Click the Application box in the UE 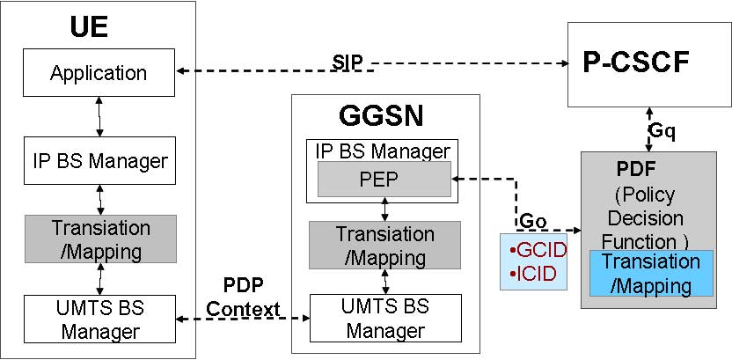tap(99, 73)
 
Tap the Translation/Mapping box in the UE tap(100, 239)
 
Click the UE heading tap(88, 27)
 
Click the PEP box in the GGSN tap(383, 180)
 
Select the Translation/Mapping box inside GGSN tap(384, 246)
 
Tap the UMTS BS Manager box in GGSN tap(384, 320)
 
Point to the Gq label tap(662, 130)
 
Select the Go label tap(534, 219)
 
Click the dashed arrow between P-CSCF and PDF tap(648, 129)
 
